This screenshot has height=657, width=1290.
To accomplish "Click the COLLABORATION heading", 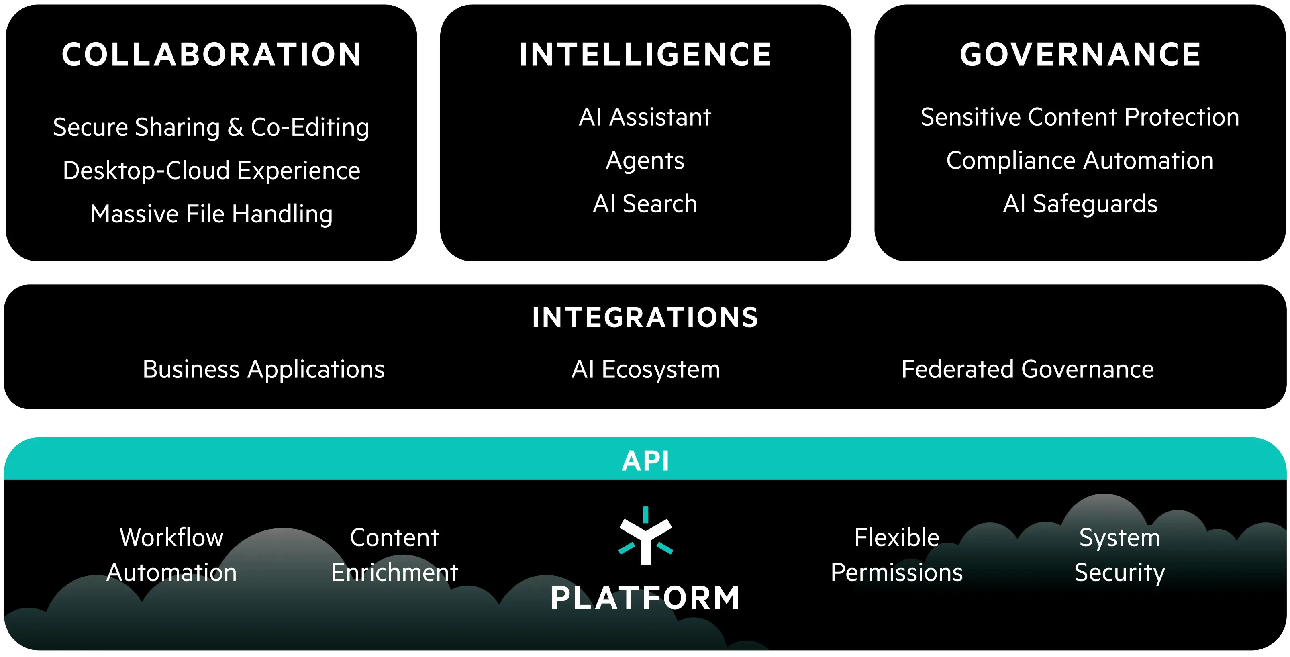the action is click(x=211, y=55).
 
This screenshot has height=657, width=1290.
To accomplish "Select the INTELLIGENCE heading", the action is click(x=645, y=55).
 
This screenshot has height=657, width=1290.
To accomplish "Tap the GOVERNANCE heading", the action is click(x=1080, y=55).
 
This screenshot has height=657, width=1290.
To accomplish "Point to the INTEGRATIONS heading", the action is click(x=645, y=318).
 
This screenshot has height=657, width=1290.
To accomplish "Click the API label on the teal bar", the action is click(x=645, y=461).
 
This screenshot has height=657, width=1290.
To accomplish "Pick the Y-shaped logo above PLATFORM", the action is click(x=645, y=535).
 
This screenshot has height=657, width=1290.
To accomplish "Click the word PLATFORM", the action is click(x=645, y=598).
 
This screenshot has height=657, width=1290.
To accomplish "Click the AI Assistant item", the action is click(x=645, y=117).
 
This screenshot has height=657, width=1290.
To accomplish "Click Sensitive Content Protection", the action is click(x=1080, y=117).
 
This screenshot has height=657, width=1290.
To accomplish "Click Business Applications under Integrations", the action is click(x=264, y=370).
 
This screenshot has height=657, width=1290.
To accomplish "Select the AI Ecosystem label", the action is click(x=646, y=370).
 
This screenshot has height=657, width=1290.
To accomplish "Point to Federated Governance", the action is click(x=1028, y=369).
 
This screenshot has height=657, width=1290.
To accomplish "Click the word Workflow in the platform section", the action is click(x=171, y=538).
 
